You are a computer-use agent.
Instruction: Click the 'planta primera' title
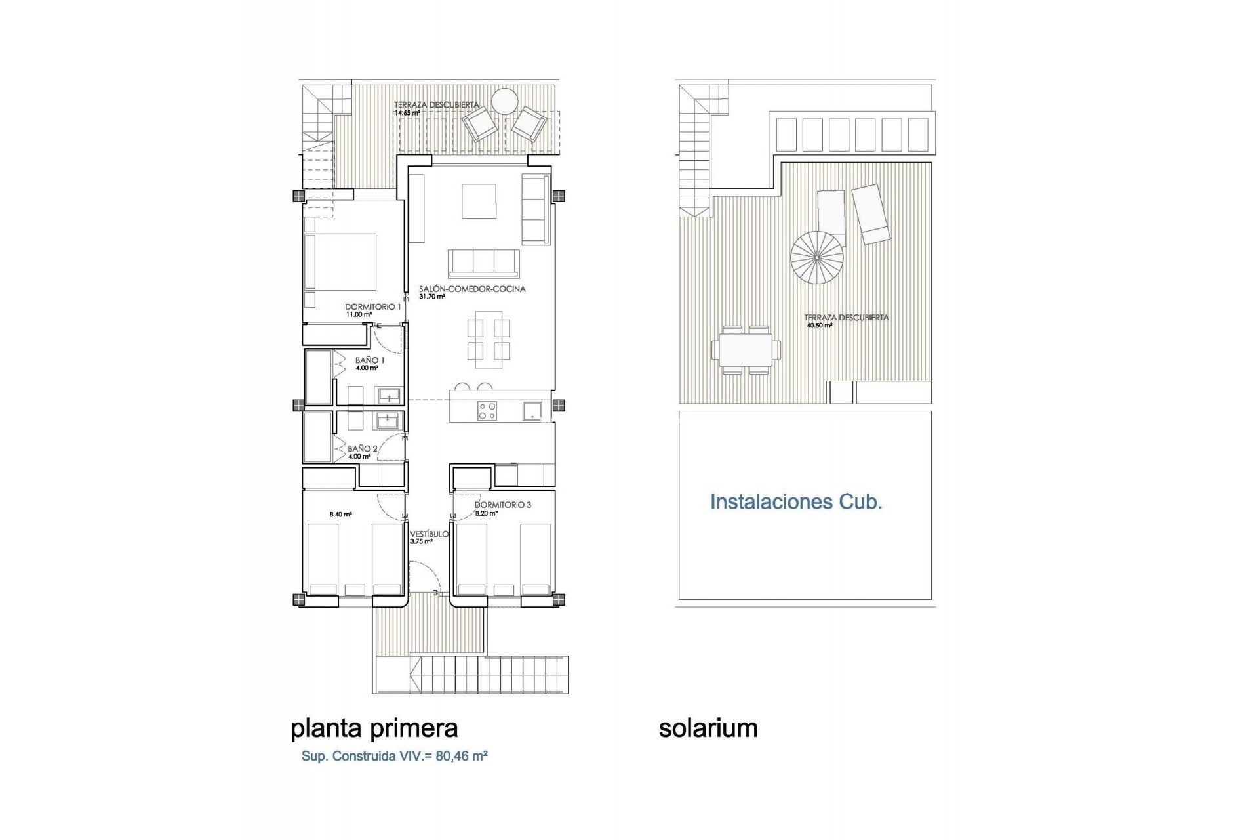pos(374,728)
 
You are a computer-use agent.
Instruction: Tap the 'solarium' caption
pos(708,728)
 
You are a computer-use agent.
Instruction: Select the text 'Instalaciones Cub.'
pos(796,502)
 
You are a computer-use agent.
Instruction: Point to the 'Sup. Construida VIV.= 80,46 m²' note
pos(394,756)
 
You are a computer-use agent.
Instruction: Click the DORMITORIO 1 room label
pos(373,306)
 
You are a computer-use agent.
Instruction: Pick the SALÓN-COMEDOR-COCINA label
pos(472,289)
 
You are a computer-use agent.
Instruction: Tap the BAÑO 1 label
pos(370,360)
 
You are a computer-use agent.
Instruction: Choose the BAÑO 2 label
pos(363,449)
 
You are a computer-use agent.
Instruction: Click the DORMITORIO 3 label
pos(502,505)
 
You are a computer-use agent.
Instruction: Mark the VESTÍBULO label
pos(430,534)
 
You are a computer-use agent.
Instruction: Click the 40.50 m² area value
pos(818,325)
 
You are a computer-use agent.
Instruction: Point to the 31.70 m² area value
pos(432,297)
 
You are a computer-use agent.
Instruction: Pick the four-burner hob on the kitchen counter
pos(487,411)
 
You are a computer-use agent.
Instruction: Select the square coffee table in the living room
pos(479,201)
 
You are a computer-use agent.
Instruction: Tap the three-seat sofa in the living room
pos(484,262)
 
